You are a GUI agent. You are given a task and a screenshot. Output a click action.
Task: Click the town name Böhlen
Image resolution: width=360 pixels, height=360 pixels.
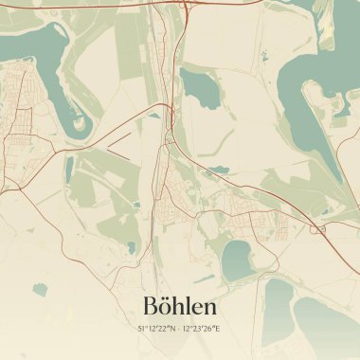pos(179,306)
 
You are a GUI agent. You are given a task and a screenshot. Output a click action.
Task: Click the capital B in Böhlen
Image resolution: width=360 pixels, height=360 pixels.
pos(149,307)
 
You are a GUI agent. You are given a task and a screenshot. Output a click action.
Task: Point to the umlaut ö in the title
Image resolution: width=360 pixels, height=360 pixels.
pos(165,307)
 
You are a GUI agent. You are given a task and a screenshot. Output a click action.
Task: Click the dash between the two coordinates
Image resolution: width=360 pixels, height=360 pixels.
pos(180,329)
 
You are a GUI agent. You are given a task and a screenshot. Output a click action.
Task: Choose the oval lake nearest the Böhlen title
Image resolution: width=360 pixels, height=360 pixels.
pos(237,257)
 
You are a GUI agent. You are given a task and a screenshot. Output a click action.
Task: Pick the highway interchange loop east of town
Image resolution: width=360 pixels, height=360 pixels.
pos(317,227)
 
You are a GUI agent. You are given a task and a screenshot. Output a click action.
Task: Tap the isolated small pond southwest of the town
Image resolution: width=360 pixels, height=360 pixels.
pos(40,288)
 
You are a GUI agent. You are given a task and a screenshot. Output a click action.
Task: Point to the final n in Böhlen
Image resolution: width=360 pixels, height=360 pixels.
pos(209,308)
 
